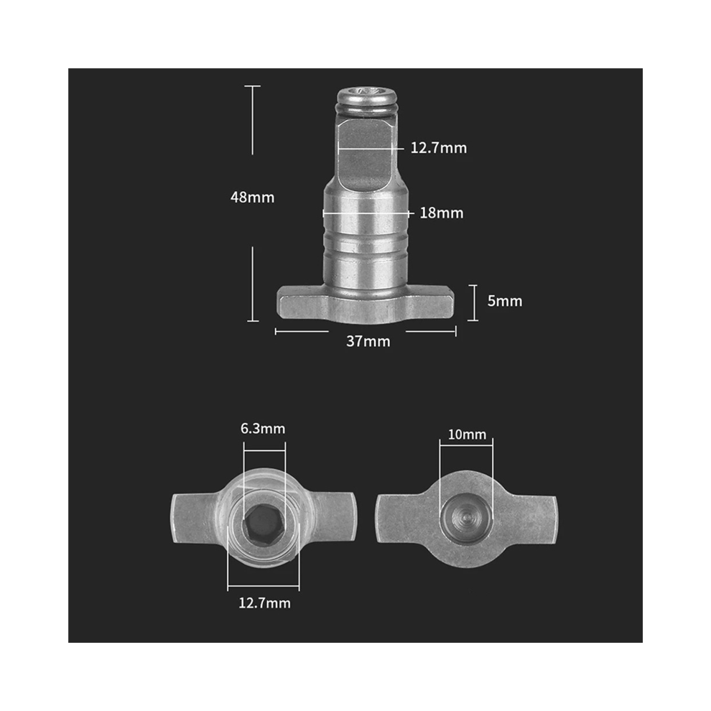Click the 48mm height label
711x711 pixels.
[x=253, y=197]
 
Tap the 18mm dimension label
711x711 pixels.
[x=442, y=213]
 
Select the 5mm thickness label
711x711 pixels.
[x=505, y=301]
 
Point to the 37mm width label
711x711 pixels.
[x=368, y=341]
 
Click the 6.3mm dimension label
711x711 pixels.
[x=263, y=429]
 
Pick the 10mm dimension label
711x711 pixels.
[x=467, y=434]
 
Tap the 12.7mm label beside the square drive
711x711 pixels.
[x=439, y=148]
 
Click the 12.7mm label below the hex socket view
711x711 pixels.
[x=264, y=603]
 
